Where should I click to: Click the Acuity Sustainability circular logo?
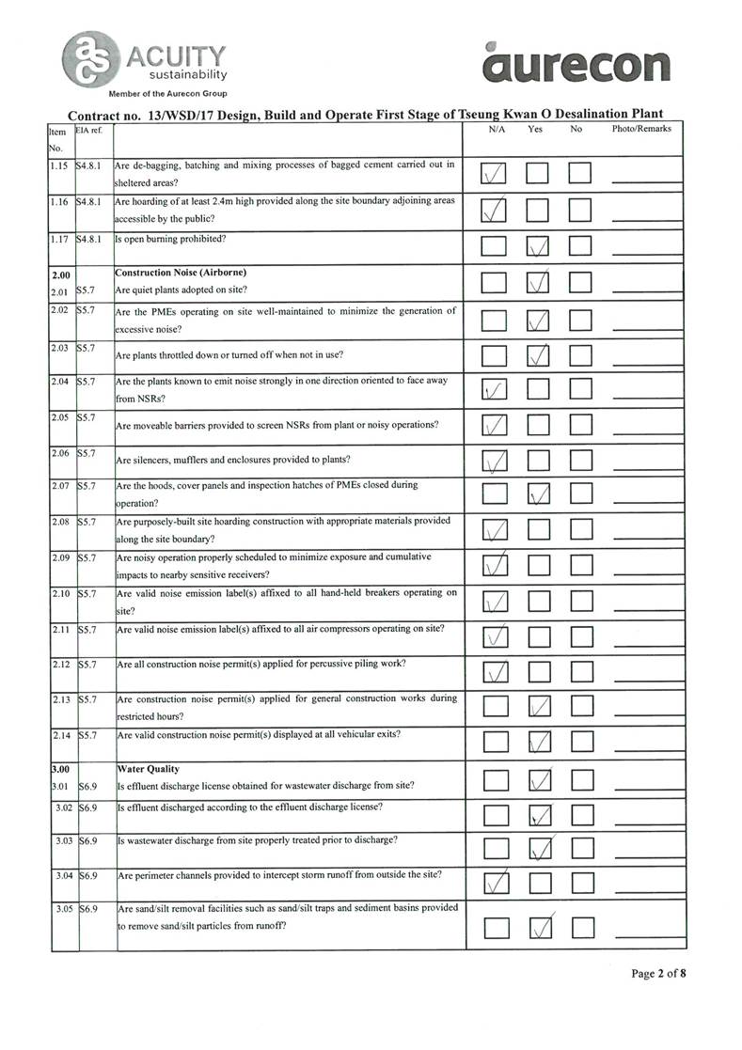tap(90, 58)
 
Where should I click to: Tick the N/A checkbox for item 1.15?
tap(494, 173)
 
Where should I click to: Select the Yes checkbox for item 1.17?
tap(538, 247)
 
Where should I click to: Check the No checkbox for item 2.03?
tap(580, 354)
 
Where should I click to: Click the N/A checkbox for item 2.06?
tap(494, 461)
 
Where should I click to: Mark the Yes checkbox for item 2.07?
tap(538, 495)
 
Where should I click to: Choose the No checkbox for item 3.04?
tap(580, 883)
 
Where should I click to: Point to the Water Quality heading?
tap(148, 769)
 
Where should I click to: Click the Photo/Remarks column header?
tap(640, 129)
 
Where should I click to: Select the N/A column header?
tap(497, 129)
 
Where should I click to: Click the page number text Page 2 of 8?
tap(658, 974)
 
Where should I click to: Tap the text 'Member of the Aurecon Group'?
tap(167, 94)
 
